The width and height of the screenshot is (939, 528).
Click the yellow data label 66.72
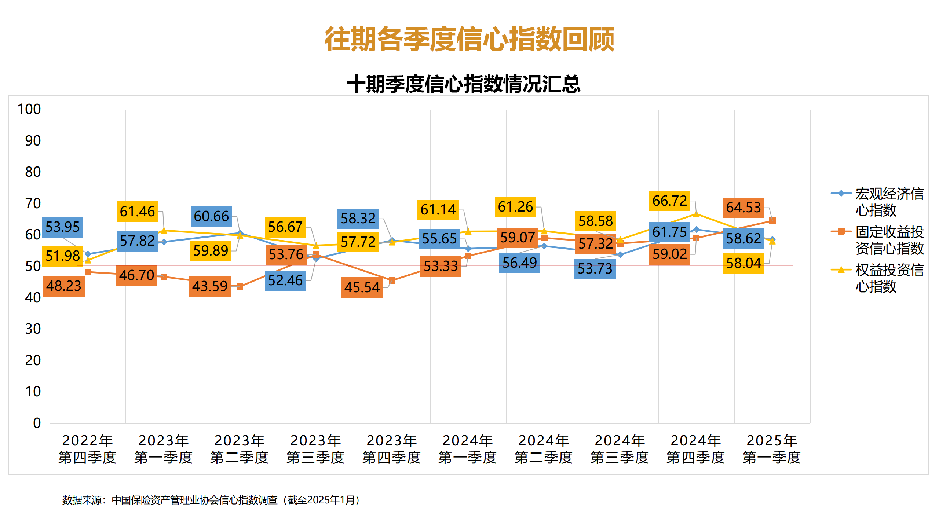(669, 201)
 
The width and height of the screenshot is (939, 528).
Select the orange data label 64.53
(743, 208)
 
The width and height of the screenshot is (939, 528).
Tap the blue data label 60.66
(211, 216)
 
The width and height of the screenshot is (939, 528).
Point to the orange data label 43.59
(210, 286)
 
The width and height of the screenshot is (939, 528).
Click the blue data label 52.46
(285, 280)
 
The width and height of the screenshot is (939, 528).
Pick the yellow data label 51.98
(63, 256)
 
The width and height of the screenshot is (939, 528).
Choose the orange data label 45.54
(362, 287)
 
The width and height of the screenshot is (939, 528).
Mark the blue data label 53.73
(595, 269)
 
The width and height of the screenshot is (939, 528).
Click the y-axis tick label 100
(29, 109)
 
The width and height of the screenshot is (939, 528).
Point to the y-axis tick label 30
(33, 329)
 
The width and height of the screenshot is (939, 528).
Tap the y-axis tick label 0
(37, 423)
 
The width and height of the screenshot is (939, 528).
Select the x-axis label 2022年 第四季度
(87, 449)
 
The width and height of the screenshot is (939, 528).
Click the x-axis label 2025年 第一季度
(772, 449)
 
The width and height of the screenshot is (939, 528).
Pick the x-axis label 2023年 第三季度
(315, 449)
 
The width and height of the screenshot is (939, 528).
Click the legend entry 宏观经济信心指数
(889, 202)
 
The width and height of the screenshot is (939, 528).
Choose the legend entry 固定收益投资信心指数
(889, 240)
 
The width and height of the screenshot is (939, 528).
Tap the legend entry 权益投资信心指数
(889, 278)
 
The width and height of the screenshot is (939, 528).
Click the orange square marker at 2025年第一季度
(772, 221)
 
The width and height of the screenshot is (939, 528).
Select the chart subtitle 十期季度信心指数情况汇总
(464, 84)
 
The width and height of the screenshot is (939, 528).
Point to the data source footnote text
(211, 500)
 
